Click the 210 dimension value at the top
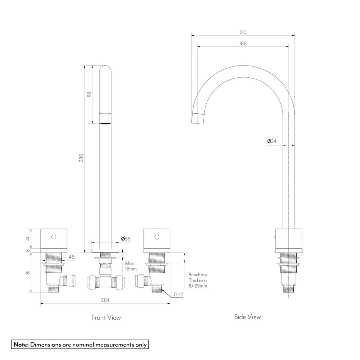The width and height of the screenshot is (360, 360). click(x=243, y=32)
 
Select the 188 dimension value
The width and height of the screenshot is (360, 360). click(x=243, y=44)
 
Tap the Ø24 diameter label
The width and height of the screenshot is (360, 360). click(x=272, y=141)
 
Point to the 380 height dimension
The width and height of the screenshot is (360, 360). click(x=81, y=157)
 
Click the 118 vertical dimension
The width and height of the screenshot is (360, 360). click(x=89, y=94)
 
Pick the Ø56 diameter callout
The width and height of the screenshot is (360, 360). click(x=126, y=238)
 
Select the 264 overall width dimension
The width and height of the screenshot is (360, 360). click(x=105, y=300)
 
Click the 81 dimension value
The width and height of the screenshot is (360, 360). click(x=28, y=272)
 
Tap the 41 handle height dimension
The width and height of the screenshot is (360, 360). click(x=28, y=238)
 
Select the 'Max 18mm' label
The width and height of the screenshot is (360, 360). click(x=131, y=266)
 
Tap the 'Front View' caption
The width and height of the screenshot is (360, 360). click(x=106, y=317)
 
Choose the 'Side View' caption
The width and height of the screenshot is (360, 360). click(x=248, y=317)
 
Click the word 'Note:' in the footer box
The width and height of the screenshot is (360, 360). click(x=21, y=344)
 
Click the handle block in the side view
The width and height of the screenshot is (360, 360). click(x=289, y=238)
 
